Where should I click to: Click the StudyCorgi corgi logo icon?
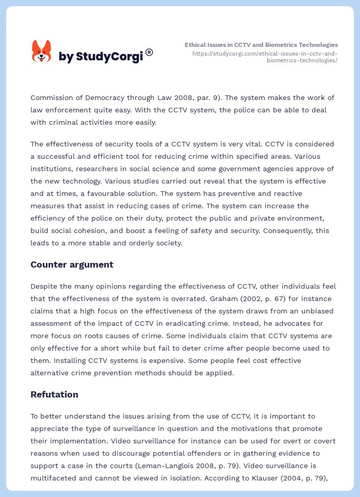coord(41,51)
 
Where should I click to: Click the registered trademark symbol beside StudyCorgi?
coord(149,52)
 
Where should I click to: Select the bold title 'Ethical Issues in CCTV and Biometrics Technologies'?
coord(261,45)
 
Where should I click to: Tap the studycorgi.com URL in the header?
coord(265,57)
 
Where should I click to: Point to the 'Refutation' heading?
coord(54,394)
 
